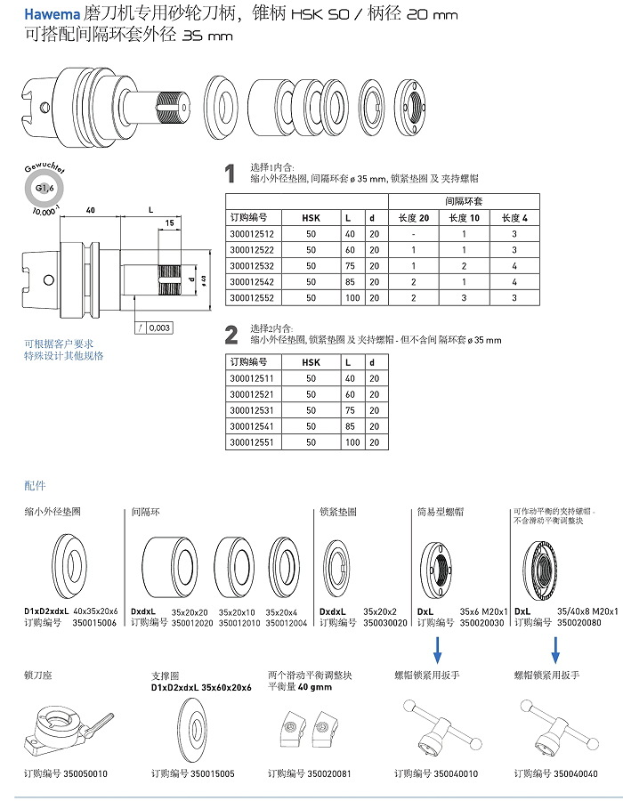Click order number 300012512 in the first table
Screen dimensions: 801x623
(x=252, y=234)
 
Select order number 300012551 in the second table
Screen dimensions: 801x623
(x=252, y=441)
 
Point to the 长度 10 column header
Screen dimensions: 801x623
(x=464, y=217)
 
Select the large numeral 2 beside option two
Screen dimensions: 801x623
(x=231, y=335)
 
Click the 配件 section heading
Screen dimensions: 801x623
(x=35, y=486)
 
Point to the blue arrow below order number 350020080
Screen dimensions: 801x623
(x=555, y=654)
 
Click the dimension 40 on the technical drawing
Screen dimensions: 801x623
(x=91, y=210)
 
